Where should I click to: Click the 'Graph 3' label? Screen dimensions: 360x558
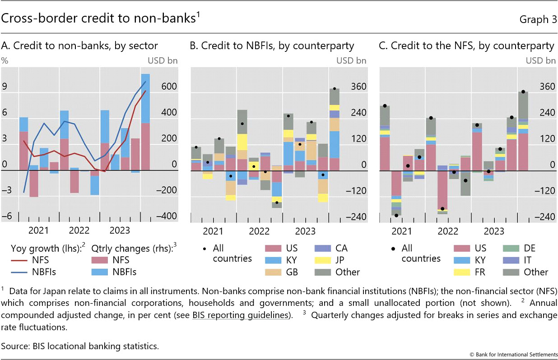(538, 19)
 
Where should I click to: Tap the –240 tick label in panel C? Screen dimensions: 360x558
(546, 217)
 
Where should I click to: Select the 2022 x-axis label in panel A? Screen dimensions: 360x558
(79, 231)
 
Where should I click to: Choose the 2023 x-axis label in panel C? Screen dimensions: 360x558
(494, 231)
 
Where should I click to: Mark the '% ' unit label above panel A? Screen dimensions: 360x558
(5, 60)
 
